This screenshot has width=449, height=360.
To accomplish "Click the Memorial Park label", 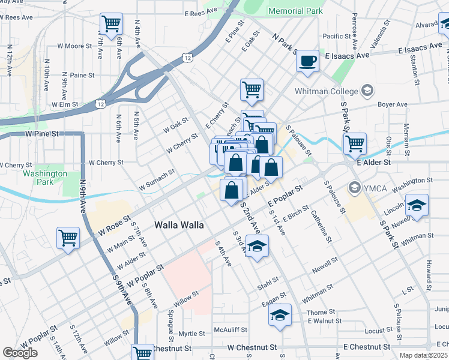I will (x=295, y=11).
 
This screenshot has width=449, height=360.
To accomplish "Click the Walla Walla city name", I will (x=179, y=225).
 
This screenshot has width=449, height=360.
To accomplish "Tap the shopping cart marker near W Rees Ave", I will (x=112, y=25).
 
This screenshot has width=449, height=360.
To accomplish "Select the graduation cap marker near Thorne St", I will (x=280, y=315).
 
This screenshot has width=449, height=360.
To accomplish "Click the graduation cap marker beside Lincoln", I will (x=417, y=205).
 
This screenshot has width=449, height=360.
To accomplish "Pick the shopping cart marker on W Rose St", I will (x=68, y=237).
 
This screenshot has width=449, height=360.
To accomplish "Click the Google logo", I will (x=20, y=352).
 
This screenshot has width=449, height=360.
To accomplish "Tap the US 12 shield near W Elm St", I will (x=100, y=104).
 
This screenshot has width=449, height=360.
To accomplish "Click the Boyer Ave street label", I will (x=393, y=104).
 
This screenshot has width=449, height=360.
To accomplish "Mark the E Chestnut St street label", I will (x=369, y=347).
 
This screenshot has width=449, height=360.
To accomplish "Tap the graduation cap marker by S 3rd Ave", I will (x=257, y=246).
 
